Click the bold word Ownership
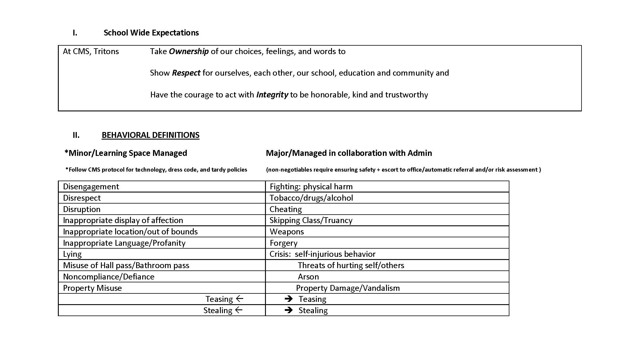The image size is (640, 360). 189,51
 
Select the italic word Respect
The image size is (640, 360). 186,73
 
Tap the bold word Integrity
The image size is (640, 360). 272,95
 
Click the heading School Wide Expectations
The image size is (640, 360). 151,33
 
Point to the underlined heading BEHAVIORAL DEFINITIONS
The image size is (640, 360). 150,135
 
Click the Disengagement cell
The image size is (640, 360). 91,187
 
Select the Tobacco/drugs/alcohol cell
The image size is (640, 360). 311,198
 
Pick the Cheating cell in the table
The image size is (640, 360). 286,209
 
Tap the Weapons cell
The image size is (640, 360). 287,232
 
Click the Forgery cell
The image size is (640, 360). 283,243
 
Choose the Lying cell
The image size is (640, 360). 72,254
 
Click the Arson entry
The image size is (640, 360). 308,277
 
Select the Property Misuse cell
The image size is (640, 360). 93,288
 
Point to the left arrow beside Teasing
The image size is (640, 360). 239,299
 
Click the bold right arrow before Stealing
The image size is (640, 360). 289,310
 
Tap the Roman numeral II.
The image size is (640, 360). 76,135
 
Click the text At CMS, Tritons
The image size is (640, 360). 91,51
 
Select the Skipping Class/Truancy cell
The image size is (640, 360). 311,220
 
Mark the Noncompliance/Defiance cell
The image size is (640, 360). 109,277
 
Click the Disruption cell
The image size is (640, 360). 82,209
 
